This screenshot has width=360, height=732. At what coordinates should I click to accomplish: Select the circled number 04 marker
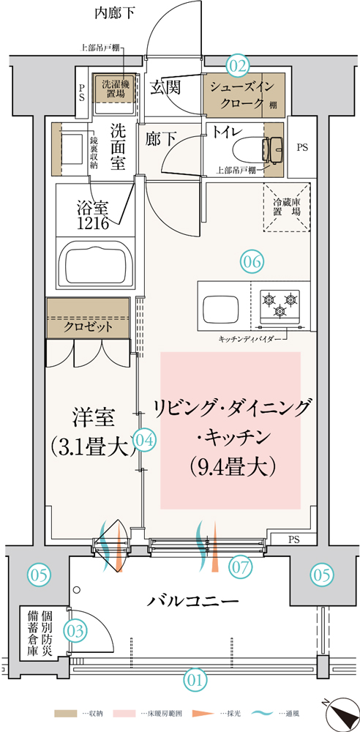pyautogui.click(x=144, y=439)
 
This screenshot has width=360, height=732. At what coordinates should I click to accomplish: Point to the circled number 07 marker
pyautogui.click(x=240, y=567)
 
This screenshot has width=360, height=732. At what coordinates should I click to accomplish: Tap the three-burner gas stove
pyautogui.click(x=280, y=305)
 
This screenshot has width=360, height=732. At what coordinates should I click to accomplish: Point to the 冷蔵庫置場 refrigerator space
pyautogui.click(x=287, y=207)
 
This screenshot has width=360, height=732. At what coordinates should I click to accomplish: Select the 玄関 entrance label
pyautogui.click(x=165, y=87)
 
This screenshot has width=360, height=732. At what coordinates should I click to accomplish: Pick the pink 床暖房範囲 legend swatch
pyautogui.click(x=127, y=714)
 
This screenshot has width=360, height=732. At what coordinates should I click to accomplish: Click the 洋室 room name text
pyautogui.click(x=93, y=417)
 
